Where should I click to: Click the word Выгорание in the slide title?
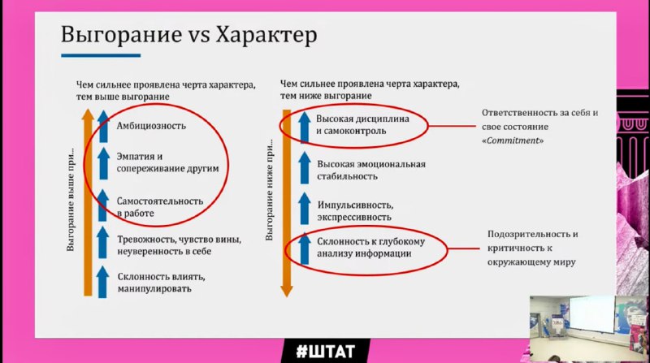[121, 34]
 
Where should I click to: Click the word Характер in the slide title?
[266, 34]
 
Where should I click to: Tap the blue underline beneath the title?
[101, 55]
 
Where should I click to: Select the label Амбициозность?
[151, 126]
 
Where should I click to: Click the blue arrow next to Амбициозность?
[103, 127]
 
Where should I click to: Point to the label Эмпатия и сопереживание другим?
[167, 162]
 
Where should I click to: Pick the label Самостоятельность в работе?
[159, 207]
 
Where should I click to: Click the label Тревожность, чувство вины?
[179, 240]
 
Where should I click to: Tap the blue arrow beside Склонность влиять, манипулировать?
[102, 282]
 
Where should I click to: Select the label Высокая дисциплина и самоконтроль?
[362, 125]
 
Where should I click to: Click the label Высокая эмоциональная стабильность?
[371, 170]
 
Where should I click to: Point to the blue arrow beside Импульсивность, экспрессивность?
[304, 209]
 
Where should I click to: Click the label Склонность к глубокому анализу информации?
[370, 248]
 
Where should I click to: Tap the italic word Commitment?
[513, 140]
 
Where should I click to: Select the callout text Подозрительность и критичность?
[533, 241]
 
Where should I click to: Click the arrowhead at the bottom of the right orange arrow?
[287, 292]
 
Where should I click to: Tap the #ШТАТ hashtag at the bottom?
[326, 352]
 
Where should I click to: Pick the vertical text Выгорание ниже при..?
[270, 190]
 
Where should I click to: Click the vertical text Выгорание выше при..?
[71, 199]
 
